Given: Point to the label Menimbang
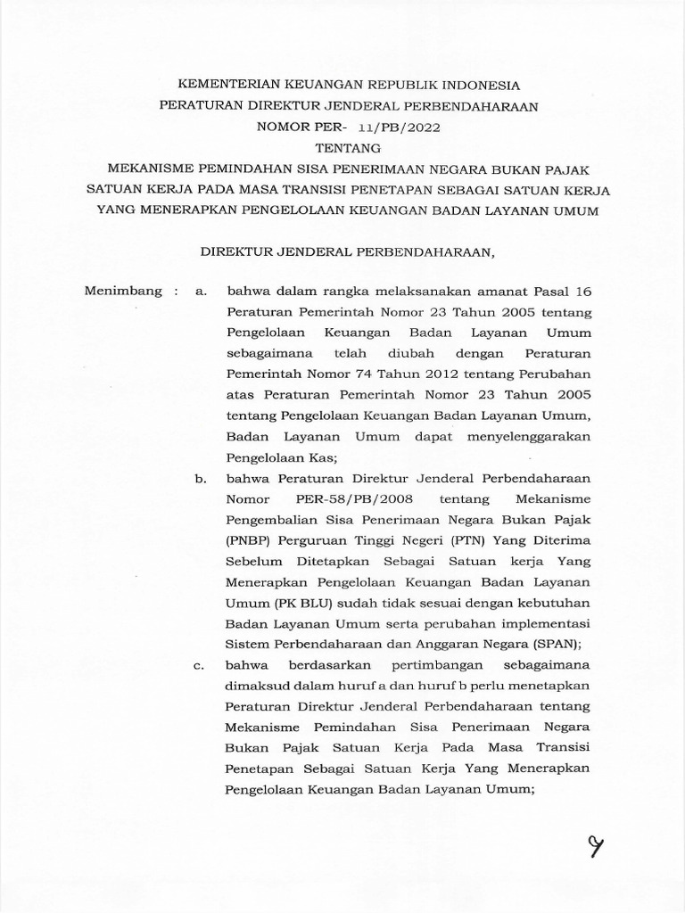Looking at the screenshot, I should click(123, 291).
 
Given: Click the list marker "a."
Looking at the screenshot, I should click(201, 291).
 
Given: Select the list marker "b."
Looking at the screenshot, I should click(201, 479).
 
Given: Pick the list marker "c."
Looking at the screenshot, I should click(201, 666).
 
